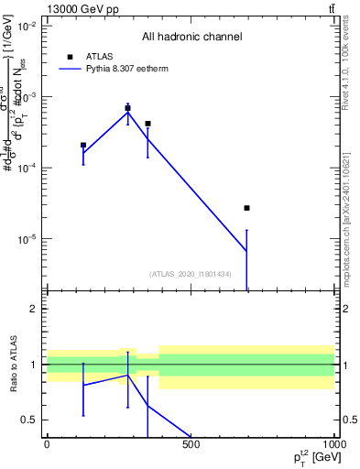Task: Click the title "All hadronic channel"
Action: (x=191, y=38)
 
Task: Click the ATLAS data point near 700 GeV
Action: (x=247, y=208)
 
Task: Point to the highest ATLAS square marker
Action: (x=127, y=108)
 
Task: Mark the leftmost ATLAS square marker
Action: (x=83, y=145)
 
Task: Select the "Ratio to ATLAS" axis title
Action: (x=12, y=365)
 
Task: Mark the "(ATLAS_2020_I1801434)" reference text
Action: (x=191, y=273)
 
